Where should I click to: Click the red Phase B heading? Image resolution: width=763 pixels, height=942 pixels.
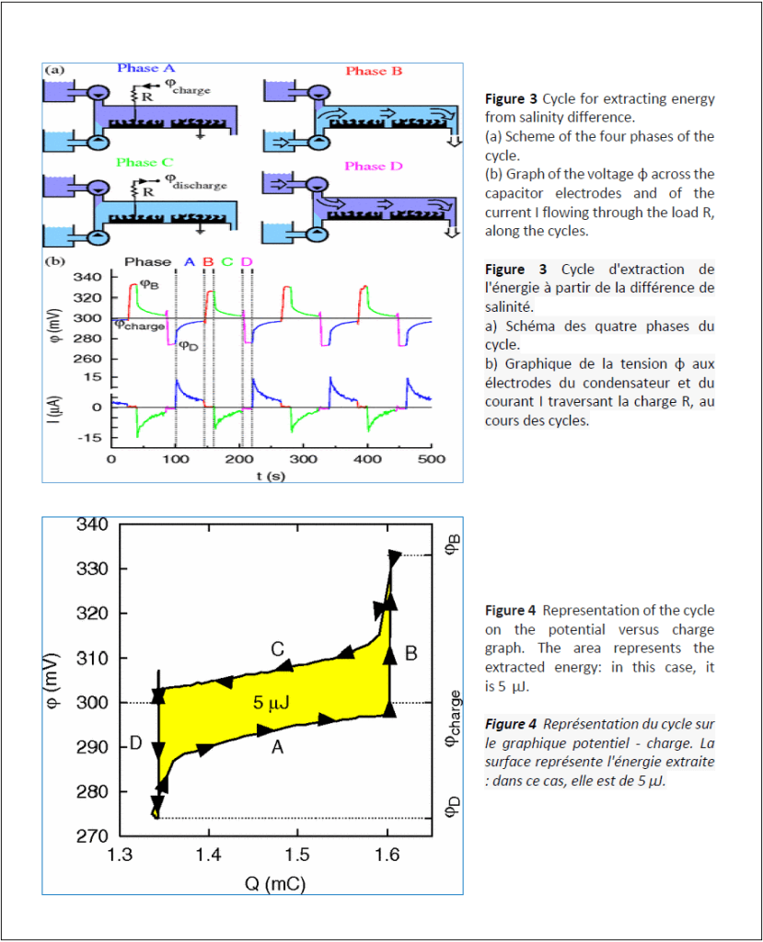[374, 71]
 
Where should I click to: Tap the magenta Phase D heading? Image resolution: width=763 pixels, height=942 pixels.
[373, 166]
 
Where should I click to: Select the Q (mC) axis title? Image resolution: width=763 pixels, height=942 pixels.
[274, 884]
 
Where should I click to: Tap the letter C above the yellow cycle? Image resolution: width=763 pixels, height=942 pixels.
[276, 649]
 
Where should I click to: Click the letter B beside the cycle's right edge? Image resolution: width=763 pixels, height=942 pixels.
[411, 653]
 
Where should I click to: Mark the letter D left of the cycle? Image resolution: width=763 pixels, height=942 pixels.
[134, 743]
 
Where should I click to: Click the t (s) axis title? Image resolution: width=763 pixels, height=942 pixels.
[268, 476]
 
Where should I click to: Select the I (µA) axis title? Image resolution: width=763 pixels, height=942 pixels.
[56, 407]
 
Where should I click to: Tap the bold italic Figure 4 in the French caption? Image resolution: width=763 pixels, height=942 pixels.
[511, 724]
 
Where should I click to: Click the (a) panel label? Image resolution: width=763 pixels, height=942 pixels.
[55, 69]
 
